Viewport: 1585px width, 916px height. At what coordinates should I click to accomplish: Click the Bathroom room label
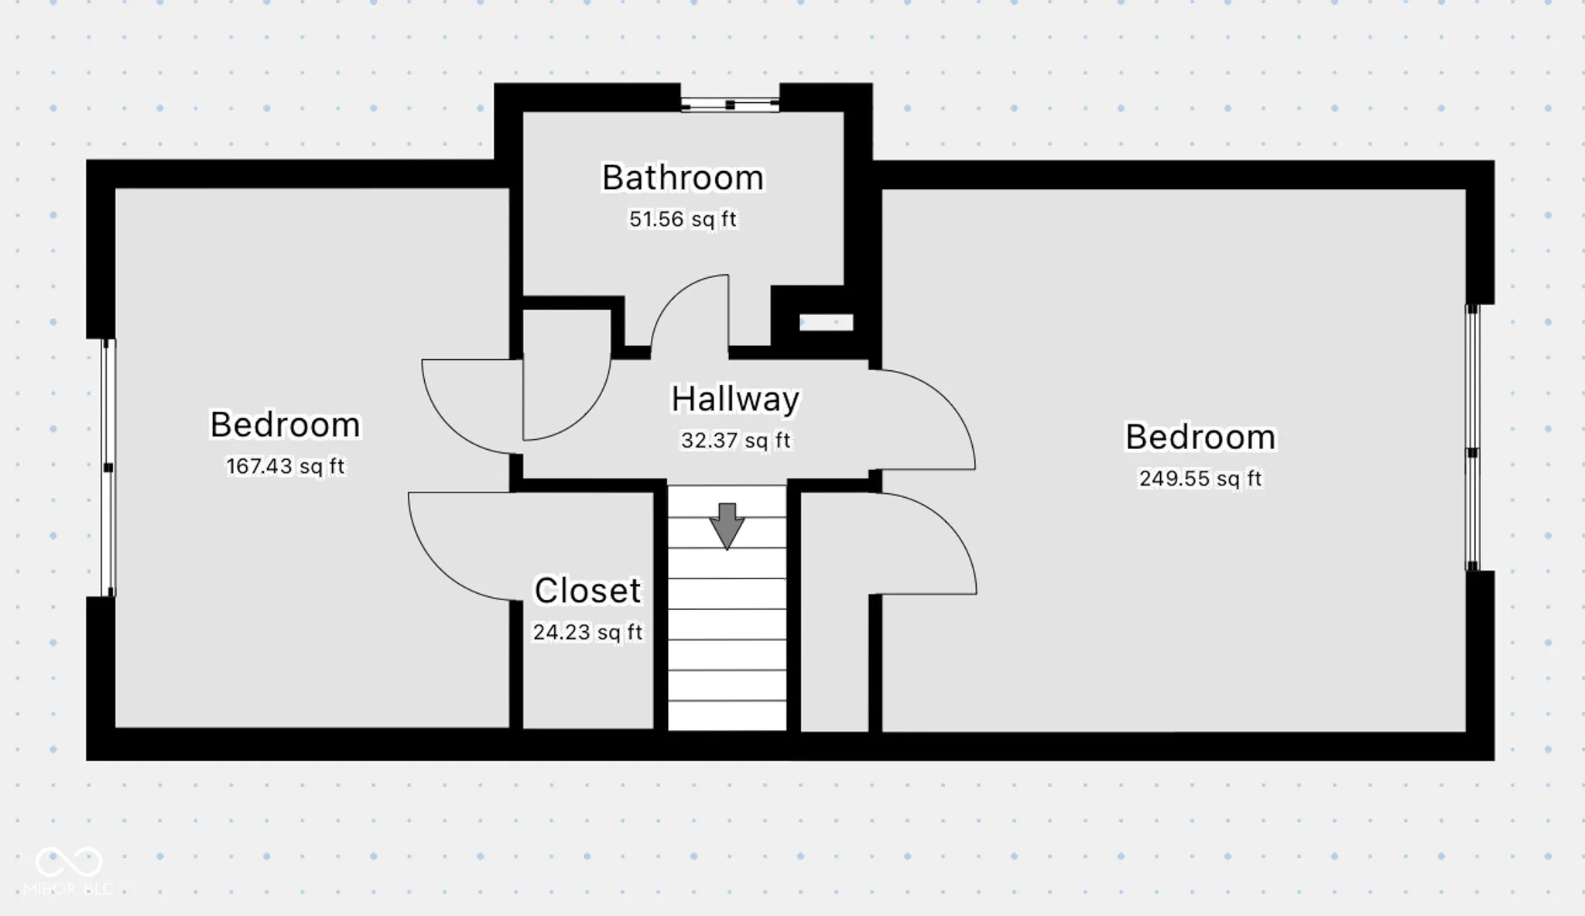683,178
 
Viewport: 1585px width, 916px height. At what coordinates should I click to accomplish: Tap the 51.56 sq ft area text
683,219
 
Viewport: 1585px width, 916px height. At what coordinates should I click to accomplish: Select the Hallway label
735,400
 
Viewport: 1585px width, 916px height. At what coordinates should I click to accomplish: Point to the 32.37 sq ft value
735,441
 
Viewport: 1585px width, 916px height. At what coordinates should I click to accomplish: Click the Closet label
587,591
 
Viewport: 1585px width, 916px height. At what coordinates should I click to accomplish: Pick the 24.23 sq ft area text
587,633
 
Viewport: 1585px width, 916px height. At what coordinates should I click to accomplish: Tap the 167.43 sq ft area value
285,466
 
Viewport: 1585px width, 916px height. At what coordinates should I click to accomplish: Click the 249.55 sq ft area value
1200,479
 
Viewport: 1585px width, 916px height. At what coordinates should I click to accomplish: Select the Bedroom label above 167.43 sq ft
285,424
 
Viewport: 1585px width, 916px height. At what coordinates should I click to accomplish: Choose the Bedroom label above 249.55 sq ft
1200,437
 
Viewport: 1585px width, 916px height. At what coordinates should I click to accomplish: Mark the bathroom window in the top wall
730,105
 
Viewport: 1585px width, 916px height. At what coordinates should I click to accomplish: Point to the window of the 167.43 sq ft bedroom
109,468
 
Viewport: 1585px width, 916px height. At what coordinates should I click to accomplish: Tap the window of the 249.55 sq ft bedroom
1473,437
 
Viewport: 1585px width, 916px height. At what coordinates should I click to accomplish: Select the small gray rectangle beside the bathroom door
826,322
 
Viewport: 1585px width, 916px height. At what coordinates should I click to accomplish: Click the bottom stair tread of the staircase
727,715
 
